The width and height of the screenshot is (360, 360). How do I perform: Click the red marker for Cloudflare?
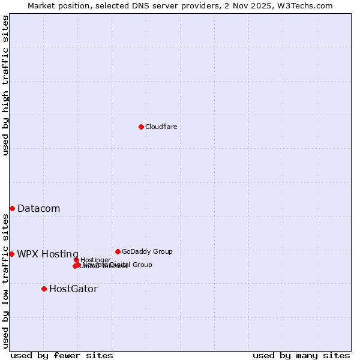point(141,127)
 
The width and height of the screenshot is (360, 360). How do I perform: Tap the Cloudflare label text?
point(161,127)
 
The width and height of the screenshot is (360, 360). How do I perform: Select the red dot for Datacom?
point(12,208)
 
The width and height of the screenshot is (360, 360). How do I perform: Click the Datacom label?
point(38,209)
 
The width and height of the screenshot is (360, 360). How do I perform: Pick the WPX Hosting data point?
point(11,254)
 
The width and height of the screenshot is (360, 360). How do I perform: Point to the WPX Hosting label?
point(47,254)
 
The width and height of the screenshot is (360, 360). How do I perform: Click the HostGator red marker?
point(44,289)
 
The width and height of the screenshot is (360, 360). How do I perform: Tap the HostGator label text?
point(73,289)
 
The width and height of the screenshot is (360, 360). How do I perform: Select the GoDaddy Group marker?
point(118,251)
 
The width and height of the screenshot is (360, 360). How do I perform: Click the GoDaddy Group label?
point(147,252)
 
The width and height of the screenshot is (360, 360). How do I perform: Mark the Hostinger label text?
point(95,260)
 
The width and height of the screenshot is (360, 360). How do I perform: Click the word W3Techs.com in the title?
point(308,6)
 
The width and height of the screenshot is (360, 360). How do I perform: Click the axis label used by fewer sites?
point(62,355)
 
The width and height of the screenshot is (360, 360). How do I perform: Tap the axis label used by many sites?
point(301,355)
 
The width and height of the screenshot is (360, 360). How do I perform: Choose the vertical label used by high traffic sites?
point(6,85)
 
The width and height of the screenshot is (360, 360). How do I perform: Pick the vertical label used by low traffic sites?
point(6,281)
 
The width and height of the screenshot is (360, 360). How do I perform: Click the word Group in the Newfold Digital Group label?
point(141,265)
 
